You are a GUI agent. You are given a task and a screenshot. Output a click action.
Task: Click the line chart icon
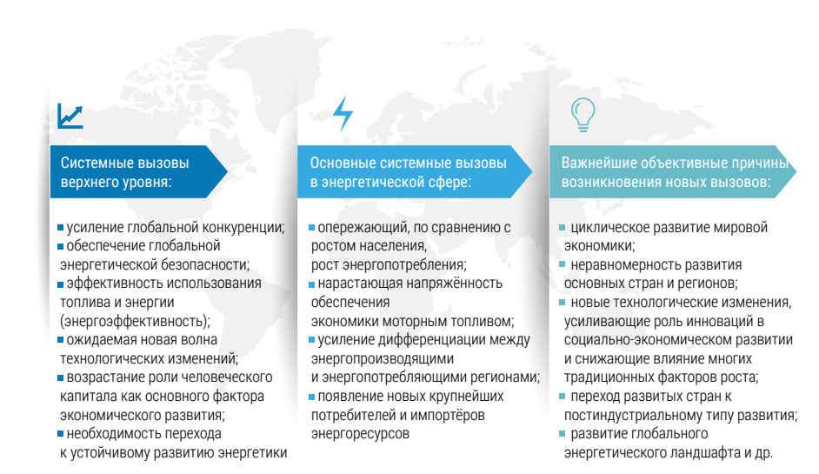[x=70, y=116]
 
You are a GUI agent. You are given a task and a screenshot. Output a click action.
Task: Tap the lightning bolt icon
[x=343, y=113]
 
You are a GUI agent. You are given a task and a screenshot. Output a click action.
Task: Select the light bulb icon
[x=583, y=115]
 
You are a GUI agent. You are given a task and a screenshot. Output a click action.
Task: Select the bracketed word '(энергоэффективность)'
[x=134, y=321]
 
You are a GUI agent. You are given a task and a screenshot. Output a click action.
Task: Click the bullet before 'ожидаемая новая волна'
[x=61, y=340]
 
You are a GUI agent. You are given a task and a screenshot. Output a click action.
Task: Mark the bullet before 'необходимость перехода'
[x=61, y=433]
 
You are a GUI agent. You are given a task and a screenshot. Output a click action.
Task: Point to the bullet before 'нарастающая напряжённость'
[x=312, y=284]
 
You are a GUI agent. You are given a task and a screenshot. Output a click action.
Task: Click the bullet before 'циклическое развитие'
[x=562, y=227]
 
